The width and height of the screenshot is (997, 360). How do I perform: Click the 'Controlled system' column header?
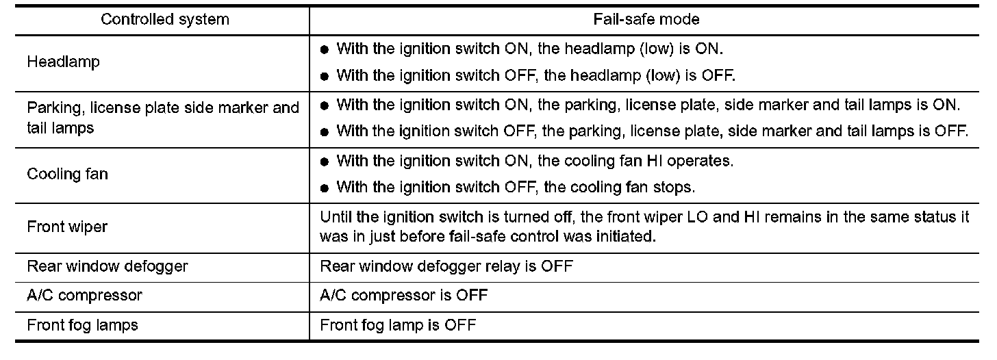(x=164, y=19)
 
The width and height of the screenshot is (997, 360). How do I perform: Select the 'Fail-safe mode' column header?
(x=646, y=19)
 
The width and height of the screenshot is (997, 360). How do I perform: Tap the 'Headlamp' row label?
(x=63, y=62)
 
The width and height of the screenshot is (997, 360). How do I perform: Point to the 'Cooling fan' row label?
(x=67, y=174)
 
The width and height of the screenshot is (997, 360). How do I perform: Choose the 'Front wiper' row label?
(x=67, y=227)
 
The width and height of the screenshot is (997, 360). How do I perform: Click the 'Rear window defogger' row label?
(x=107, y=266)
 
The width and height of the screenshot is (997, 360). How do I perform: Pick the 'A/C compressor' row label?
(x=84, y=296)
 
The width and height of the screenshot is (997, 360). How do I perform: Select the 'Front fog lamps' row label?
(x=82, y=324)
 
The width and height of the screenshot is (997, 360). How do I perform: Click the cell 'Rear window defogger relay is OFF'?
(x=446, y=266)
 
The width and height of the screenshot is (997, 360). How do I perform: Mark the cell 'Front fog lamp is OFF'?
(x=398, y=324)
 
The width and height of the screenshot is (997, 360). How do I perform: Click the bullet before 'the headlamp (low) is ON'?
(x=325, y=50)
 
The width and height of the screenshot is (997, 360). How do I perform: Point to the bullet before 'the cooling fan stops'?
(x=325, y=187)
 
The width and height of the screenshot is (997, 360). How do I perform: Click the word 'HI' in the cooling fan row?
(x=647, y=161)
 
